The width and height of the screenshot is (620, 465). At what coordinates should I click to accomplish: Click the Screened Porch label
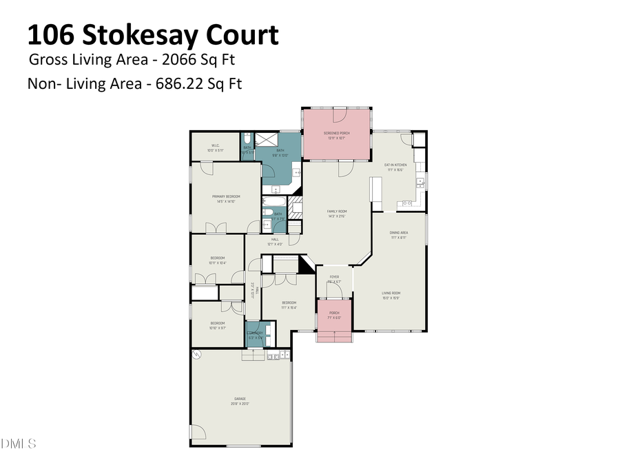pos(336,134)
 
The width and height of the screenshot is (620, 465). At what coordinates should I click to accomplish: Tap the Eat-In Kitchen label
pos(395,165)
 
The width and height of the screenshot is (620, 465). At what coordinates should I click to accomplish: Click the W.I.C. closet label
pos(215,145)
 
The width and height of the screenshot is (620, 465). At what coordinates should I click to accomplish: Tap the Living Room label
pos(391,293)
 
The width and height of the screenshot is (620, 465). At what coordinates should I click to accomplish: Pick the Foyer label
pos(334,277)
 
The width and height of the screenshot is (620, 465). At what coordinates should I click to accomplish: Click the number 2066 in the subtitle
pos(186,59)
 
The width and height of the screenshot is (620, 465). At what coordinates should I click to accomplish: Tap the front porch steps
pos(334,336)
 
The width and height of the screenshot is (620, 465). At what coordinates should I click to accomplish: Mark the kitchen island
pos(376,190)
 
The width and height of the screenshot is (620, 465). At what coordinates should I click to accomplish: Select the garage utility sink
pos(273,356)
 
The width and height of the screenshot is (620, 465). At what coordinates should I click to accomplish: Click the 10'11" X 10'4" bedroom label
pos(218,258)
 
